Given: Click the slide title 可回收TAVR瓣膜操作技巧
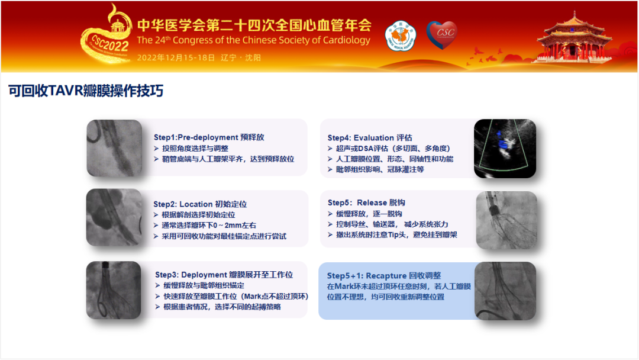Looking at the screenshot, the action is (x=86, y=91).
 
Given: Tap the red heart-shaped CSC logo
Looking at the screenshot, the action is (x=442, y=35).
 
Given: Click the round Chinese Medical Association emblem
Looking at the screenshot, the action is (x=400, y=36).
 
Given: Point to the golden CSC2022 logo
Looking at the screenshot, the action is (x=106, y=37).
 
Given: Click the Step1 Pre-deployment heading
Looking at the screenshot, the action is (x=209, y=137).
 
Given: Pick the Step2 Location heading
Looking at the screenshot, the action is (x=200, y=204).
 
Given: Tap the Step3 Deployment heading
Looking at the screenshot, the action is (x=224, y=275).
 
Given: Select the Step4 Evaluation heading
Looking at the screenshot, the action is (x=370, y=138).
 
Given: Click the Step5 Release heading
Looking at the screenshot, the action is (x=366, y=202).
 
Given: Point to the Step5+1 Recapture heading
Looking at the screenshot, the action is (x=384, y=275).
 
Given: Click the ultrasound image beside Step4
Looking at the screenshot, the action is (x=505, y=149).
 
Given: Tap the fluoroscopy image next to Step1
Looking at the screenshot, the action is (x=115, y=148).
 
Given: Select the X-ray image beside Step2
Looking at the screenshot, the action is (x=114, y=217).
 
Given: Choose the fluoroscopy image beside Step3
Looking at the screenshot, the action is (x=114, y=290).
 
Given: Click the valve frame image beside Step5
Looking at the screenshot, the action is (x=506, y=220).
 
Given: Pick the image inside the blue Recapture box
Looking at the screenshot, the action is (x=505, y=291).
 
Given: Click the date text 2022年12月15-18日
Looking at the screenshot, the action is (x=176, y=57).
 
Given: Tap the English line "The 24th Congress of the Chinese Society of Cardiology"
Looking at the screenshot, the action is (x=253, y=40).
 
